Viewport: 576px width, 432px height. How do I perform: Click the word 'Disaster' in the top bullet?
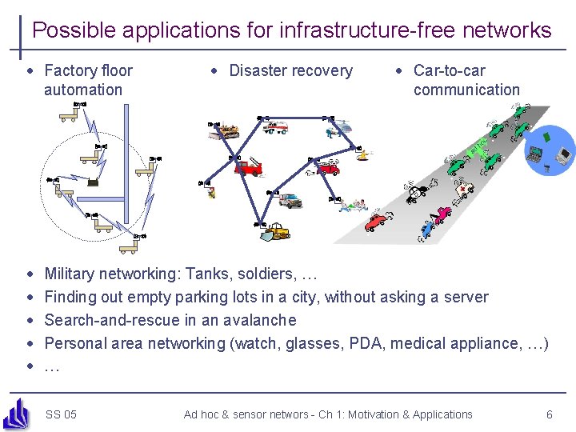[x=258, y=70]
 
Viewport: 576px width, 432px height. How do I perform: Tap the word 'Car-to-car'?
[x=449, y=70]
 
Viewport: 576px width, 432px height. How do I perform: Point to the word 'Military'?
[x=73, y=274]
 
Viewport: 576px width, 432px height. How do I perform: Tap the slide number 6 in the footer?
[x=549, y=414]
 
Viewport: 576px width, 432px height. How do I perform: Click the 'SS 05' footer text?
[x=62, y=414]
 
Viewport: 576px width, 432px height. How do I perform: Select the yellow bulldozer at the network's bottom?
[x=276, y=231]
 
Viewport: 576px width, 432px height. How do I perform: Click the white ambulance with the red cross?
[x=462, y=189]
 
